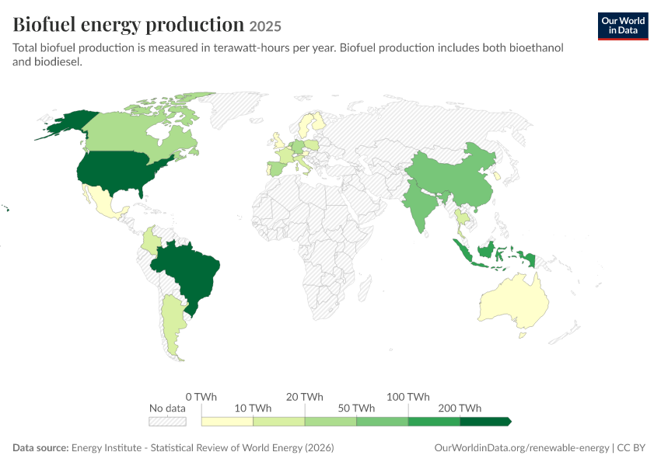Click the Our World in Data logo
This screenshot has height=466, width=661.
tap(623, 26)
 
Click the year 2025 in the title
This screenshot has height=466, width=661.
tap(265, 26)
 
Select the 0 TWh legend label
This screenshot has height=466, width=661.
tap(201, 397)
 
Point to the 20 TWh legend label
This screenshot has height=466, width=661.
tap(304, 397)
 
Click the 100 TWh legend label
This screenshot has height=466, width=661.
tap(408, 397)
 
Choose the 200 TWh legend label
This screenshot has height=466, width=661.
tap(460, 409)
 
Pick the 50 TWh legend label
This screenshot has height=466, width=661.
tap(356, 409)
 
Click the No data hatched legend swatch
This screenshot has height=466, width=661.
tap(167, 422)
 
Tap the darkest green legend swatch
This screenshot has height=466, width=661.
tap(485, 422)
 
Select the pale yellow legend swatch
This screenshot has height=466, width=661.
tap(227, 422)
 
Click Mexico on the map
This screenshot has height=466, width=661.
tap(103, 203)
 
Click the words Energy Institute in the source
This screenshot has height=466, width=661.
tap(107, 447)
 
